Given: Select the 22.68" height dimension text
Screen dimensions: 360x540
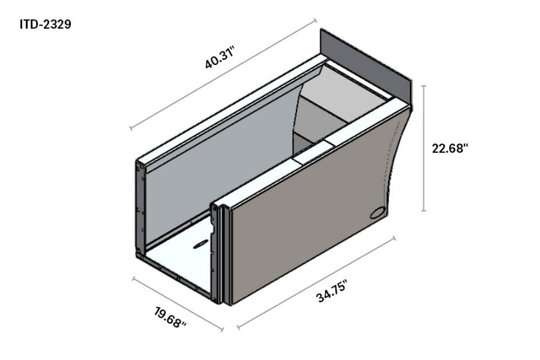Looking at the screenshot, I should click(x=449, y=148).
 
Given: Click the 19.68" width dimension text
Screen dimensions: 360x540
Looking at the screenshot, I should click(x=170, y=316).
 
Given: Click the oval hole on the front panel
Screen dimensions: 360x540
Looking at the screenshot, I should click(x=379, y=212).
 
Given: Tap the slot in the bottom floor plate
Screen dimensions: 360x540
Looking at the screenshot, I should click(x=200, y=244).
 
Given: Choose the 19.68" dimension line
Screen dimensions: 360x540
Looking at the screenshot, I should click(x=178, y=304).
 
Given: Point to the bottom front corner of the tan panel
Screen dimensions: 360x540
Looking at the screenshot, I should click(x=232, y=302).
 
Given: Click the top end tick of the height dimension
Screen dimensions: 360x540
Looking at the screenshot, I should click(x=424, y=86).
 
